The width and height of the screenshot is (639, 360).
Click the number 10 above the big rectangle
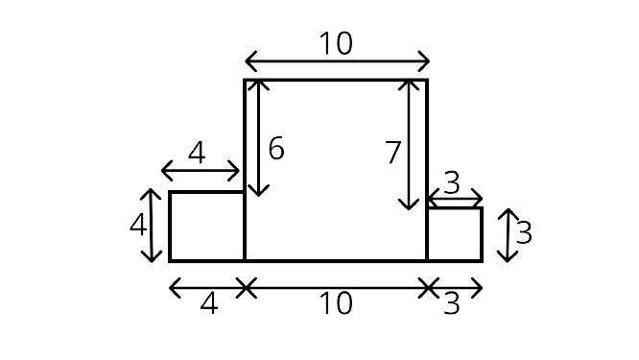336,43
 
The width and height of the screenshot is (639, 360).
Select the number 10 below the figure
336,303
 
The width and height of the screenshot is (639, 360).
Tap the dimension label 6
276,149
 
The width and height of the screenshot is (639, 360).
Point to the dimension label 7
393,153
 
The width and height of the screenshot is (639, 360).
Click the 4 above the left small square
197,154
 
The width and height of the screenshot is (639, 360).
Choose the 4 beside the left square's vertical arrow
138,225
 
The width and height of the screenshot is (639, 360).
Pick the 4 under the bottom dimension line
208,303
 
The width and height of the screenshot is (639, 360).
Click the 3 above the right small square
452,183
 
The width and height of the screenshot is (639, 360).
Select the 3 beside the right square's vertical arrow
524,232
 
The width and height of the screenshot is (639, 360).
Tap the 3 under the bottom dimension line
452,303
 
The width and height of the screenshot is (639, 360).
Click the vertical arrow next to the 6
258,138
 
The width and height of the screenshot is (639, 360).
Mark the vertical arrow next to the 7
409,145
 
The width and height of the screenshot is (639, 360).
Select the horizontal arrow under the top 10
337,61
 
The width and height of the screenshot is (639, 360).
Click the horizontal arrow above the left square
201,171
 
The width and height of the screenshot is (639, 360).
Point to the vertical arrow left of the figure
152,226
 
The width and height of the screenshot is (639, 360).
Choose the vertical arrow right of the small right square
508,235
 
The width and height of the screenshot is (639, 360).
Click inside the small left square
207,226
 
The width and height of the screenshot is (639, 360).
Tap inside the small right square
455,234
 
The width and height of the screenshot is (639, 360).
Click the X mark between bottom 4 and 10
246,288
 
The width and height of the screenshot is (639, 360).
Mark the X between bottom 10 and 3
428,288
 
